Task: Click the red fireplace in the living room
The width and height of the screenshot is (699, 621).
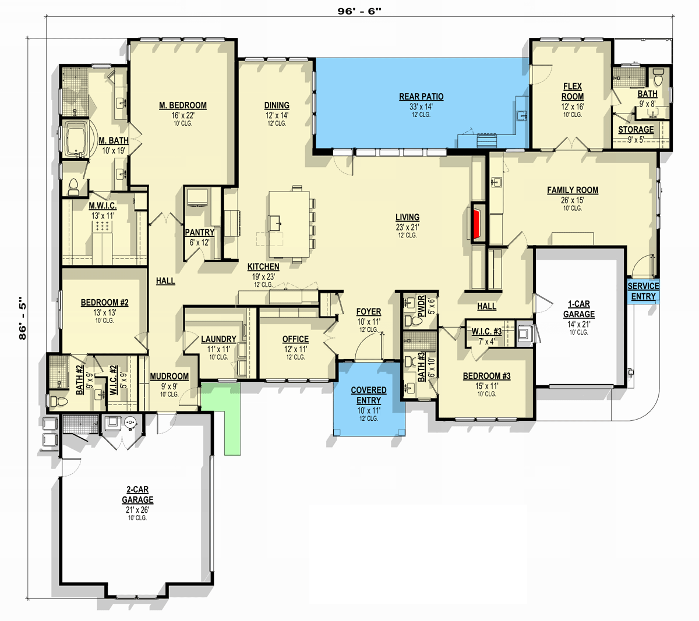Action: click(x=478, y=223)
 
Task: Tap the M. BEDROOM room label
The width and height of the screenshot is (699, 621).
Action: click(x=183, y=105)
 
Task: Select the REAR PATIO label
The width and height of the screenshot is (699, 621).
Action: click(x=421, y=97)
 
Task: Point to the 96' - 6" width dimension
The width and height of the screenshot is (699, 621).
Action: click(x=359, y=11)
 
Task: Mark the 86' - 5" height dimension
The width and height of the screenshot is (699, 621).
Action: click(x=22, y=318)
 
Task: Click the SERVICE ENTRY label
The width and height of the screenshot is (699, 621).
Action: click(x=644, y=292)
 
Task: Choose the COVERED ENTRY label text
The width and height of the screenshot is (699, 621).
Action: click(x=369, y=395)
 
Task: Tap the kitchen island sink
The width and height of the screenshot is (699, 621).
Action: click(x=275, y=223)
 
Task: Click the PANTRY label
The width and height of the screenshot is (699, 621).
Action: click(x=200, y=232)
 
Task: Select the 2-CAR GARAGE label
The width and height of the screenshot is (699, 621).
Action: click(x=137, y=495)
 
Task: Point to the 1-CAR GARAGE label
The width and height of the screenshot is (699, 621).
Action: click(x=579, y=309)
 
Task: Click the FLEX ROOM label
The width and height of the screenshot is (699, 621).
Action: click(x=573, y=91)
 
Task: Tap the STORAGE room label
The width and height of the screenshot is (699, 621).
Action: click(x=636, y=130)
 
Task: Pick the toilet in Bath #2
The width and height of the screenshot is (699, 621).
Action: click(x=58, y=401)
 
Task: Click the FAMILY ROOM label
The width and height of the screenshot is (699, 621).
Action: click(x=573, y=190)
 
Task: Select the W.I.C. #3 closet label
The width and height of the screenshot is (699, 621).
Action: click(x=486, y=332)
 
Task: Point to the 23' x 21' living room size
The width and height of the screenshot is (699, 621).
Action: click(x=408, y=227)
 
